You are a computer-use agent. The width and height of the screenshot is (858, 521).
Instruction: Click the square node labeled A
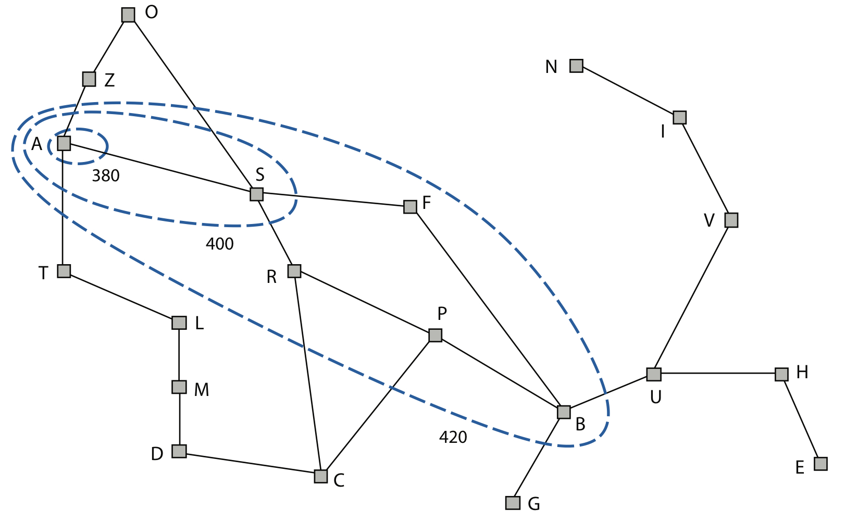[64, 143]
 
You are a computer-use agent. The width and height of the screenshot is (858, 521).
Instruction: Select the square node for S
[256, 194]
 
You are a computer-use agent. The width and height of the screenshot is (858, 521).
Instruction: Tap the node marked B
[564, 412]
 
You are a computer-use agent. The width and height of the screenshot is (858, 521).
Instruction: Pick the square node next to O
[128, 15]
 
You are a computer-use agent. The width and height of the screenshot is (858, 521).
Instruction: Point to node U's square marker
[654, 374]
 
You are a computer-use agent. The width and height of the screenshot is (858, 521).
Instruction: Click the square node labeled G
[513, 503]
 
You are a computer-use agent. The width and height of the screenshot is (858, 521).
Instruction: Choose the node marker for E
[820, 464]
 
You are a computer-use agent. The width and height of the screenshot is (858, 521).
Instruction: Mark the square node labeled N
[576, 66]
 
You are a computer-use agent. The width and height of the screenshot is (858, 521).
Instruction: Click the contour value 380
[106, 176]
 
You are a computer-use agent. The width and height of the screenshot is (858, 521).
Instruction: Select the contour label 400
[219, 244]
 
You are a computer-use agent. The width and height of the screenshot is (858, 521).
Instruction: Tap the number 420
[453, 437]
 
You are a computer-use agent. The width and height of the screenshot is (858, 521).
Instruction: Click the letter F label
[427, 203]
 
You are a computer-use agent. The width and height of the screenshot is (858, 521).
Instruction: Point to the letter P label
[442, 314]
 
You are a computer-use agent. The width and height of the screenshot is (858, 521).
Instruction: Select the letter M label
[201, 390]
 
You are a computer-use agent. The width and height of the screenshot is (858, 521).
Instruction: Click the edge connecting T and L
[121, 297]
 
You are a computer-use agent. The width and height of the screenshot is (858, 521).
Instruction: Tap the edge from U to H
[718, 374]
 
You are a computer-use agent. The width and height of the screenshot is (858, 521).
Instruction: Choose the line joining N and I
[628, 92]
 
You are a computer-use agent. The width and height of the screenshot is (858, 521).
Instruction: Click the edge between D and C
[250, 464]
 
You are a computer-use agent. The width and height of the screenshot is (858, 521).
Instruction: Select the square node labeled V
[731, 220]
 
